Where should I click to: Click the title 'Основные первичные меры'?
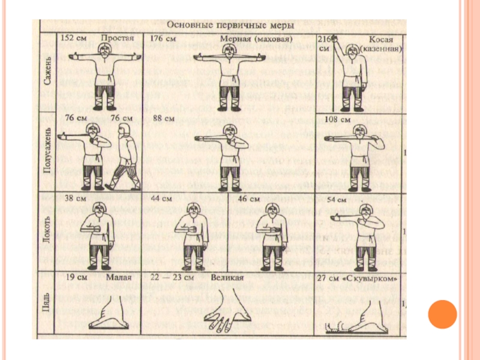pos(230,26)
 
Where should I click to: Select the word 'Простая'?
pos(117,38)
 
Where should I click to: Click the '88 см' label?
pos(163,119)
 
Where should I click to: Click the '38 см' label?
pos(74,198)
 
